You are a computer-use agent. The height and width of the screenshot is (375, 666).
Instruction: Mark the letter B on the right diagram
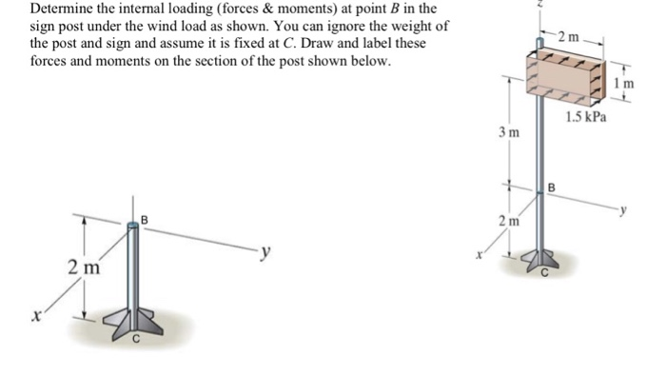coord(550,187)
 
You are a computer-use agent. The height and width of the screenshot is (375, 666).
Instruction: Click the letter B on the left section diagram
coord(145,220)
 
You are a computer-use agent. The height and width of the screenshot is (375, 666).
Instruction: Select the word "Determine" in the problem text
coord(64,9)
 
